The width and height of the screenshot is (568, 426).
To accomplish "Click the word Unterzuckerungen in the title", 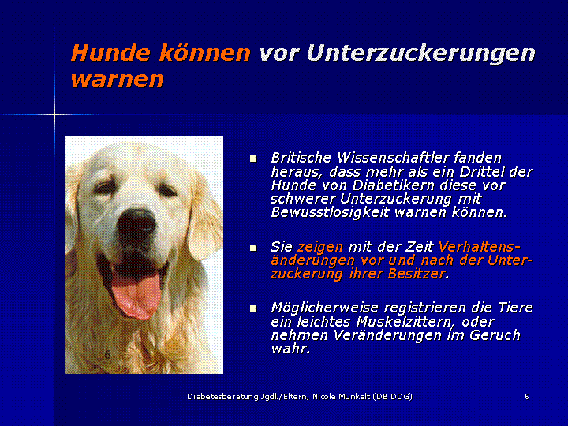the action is pyautogui.click(x=421, y=54).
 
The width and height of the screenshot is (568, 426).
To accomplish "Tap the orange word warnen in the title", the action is pyautogui.click(x=118, y=79).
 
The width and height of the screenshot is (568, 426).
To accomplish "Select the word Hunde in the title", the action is pyautogui.click(x=110, y=53).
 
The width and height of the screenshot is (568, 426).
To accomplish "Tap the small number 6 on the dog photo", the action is pyautogui.click(x=107, y=354).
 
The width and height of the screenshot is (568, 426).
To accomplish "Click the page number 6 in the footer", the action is pyautogui.click(x=527, y=397).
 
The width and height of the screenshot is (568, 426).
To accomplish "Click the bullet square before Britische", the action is pyautogui.click(x=253, y=159).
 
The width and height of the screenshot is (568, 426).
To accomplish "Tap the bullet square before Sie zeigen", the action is pyautogui.click(x=253, y=248).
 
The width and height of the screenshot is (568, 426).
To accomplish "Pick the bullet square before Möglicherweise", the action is pyautogui.click(x=253, y=308).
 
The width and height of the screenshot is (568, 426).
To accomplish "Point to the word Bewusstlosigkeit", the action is pyautogui.click(x=331, y=212).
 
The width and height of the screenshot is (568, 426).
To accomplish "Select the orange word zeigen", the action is pyautogui.click(x=320, y=248).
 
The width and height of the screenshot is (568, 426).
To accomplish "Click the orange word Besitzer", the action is pyautogui.click(x=418, y=274).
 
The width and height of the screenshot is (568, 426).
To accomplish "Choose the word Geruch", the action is pyautogui.click(x=495, y=335).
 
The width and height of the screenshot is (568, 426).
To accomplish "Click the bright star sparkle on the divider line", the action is pyautogui.click(x=55, y=114).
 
